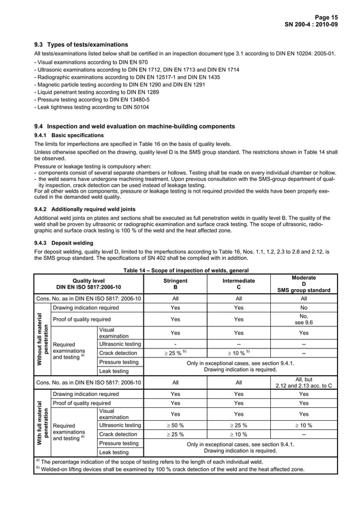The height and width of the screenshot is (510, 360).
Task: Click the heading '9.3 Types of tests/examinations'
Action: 81,45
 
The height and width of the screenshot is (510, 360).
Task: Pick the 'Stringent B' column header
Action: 175,284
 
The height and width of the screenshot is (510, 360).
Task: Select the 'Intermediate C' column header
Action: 239,284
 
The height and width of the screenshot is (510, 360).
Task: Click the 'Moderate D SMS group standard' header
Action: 304,284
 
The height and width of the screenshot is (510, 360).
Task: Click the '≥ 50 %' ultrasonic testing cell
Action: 175,425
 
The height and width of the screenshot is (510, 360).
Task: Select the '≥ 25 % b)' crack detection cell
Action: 175,352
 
